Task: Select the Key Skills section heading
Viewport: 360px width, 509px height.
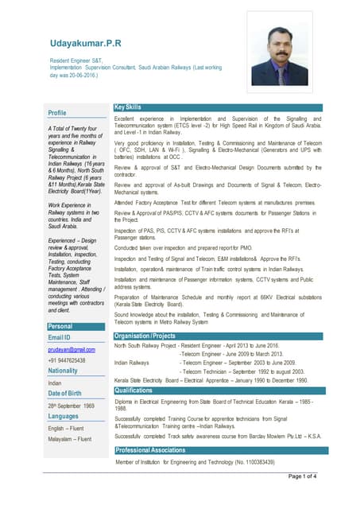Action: tap(129, 107)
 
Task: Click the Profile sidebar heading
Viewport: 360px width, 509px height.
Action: tap(57, 113)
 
